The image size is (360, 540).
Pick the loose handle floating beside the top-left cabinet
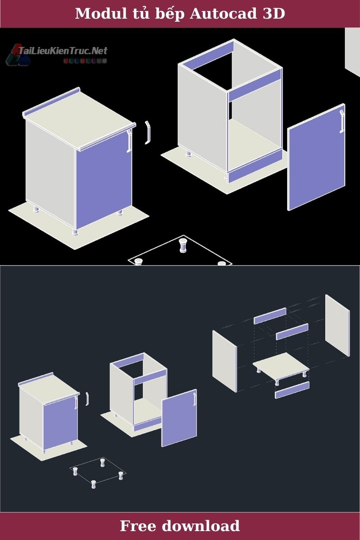(x=148, y=133)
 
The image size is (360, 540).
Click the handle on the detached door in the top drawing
(x=342, y=121)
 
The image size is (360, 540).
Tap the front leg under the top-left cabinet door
(x=75, y=232)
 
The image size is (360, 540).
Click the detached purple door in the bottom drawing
(x=179, y=418)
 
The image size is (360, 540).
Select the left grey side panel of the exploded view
(x=224, y=361)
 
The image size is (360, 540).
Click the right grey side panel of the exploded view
(x=337, y=325)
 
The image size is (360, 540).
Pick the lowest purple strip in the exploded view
(x=292, y=390)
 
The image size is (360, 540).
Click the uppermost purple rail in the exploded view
(x=270, y=316)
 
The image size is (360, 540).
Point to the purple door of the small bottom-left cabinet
(x=61, y=422)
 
